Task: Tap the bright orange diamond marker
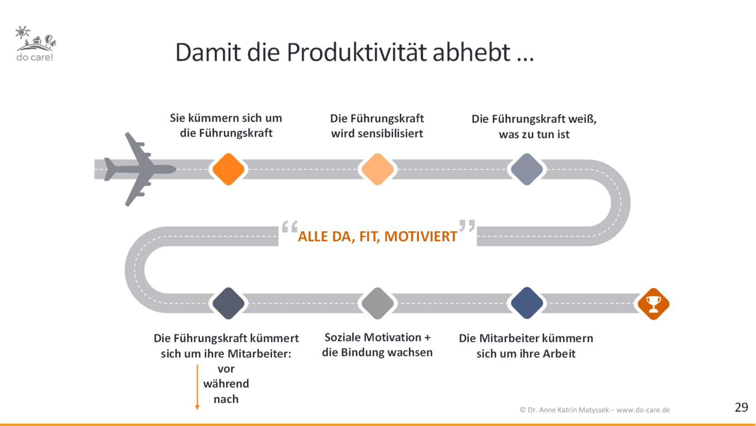click(x=229, y=169)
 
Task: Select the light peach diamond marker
click(x=378, y=169)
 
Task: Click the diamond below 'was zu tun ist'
click(x=527, y=169)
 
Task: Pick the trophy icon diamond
click(x=654, y=304)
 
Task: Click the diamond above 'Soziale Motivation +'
click(x=378, y=303)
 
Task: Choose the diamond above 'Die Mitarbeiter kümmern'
click(x=527, y=303)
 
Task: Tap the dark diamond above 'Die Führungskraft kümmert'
click(x=229, y=303)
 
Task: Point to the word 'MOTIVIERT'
click(x=421, y=236)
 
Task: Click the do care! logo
click(x=35, y=44)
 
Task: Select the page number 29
click(x=741, y=407)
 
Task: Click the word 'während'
click(x=226, y=384)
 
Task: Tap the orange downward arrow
click(x=197, y=387)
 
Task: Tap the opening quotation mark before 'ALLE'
click(x=290, y=227)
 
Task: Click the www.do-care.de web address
click(x=643, y=410)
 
